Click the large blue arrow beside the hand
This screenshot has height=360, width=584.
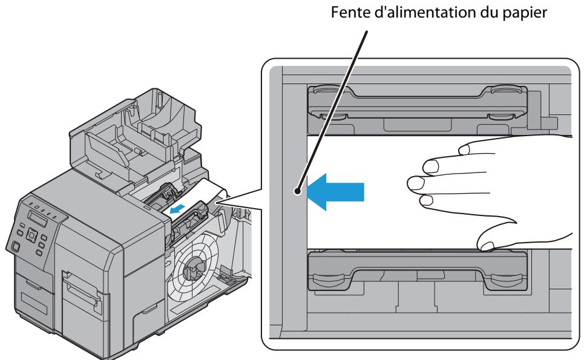tap(336, 191)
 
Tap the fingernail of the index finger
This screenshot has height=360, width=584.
tap(430, 165)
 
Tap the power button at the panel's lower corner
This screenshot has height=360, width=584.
tap(14, 245)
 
